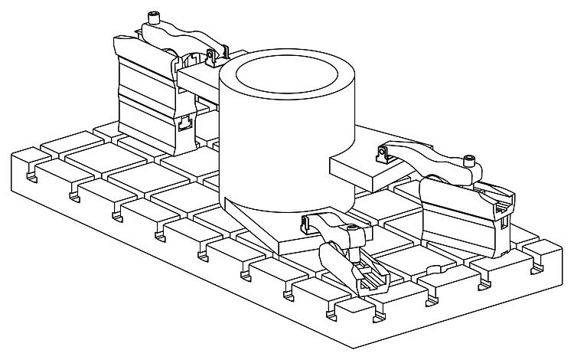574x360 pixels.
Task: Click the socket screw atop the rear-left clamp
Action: [x=156, y=18]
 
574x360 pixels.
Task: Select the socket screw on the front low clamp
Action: [x=353, y=231]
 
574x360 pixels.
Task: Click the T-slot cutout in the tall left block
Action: [x=184, y=122]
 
